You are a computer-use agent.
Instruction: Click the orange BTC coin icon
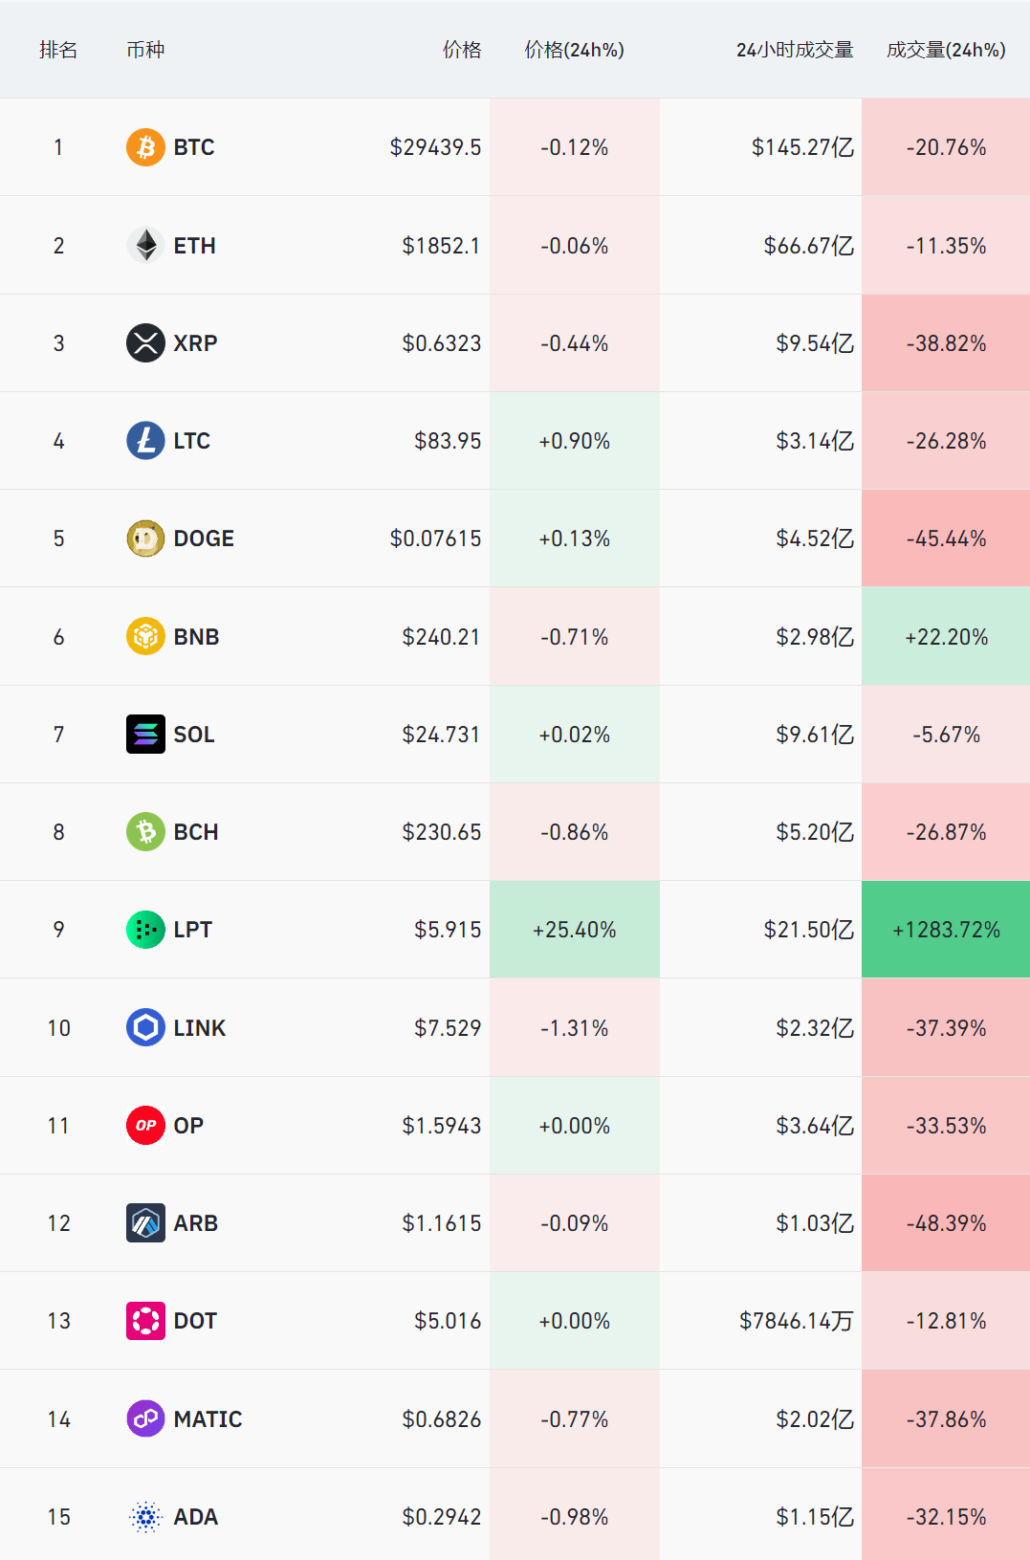coord(145,147)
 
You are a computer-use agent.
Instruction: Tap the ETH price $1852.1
coord(441,246)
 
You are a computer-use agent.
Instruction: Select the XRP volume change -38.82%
coord(946,343)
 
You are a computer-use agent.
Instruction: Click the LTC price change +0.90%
coord(574,441)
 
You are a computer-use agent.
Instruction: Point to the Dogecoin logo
coord(145,538)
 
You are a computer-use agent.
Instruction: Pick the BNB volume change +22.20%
coord(946,637)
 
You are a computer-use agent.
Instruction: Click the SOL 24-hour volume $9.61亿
coord(814,735)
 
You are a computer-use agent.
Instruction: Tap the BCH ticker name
coord(196,832)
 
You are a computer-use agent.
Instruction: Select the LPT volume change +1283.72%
coord(946,930)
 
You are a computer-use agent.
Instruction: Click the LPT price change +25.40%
coord(574,930)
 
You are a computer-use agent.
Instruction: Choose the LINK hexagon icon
coord(145,1028)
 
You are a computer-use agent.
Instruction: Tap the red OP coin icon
coord(145,1126)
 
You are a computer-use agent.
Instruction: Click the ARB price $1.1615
coord(441,1223)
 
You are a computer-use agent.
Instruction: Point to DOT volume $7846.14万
coord(796,1321)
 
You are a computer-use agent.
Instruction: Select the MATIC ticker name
coord(208,1419)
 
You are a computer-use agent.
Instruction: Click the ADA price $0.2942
coord(441,1517)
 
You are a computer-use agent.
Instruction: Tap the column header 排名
coord(58,50)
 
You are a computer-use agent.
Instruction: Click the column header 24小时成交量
coord(794,50)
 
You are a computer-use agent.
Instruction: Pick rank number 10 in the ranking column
coord(58,1028)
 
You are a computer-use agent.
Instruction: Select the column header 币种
coord(145,50)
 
